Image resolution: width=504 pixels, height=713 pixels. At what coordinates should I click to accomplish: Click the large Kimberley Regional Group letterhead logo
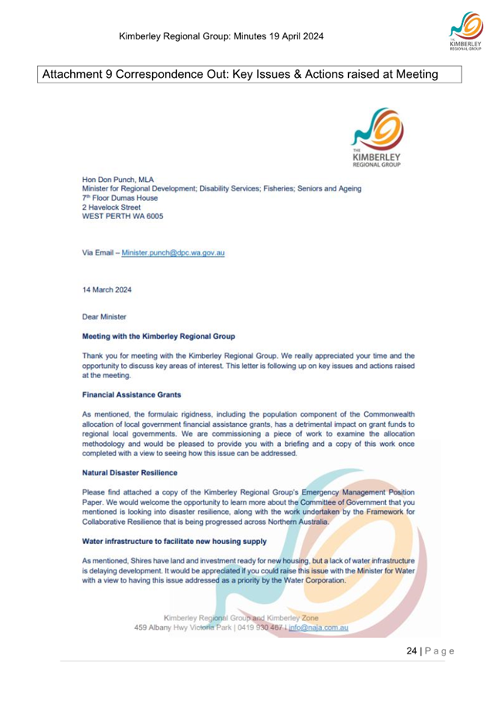pyautogui.click(x=378, y=139)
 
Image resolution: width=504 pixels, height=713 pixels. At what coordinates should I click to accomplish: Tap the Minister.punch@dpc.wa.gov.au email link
pyautogui.click(x=174, y=252)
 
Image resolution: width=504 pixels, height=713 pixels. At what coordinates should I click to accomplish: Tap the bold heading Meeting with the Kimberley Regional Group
pyautogui.click(x=158, y=336)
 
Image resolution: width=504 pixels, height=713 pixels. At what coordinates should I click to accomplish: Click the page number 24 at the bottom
pyautogui.click(x=412, y=651)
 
